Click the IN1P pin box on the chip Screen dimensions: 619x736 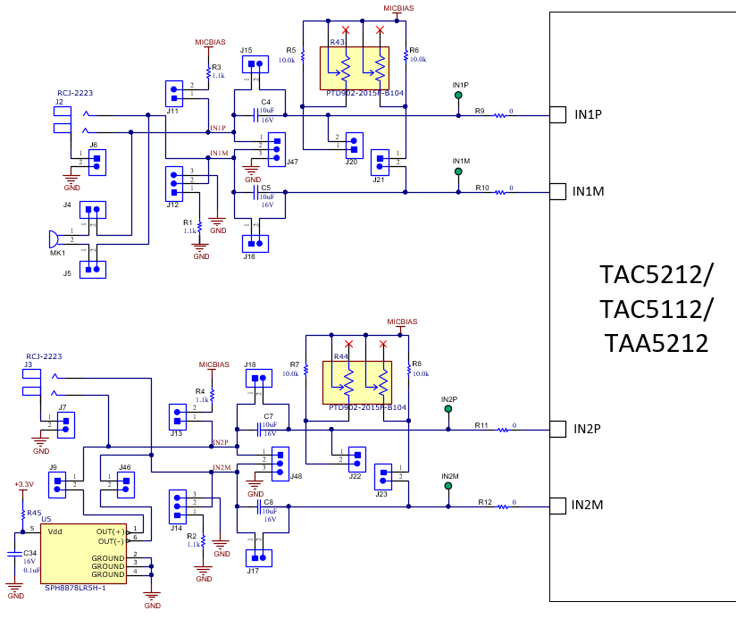pyautogui.click(x=557, y=114)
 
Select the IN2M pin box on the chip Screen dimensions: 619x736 pyautogui.click(x=557, y=506)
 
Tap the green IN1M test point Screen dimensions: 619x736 pyautogui.click(x=458, y=171)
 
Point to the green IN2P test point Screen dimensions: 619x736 pyautogui.click(x=447, y=409)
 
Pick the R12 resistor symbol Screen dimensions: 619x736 pyautogui.click(x=504, y=506)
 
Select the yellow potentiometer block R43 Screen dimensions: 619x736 pyautogui.click(x=355, y=67)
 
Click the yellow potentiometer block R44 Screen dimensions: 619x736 pyautogui.click(x=357, y=382)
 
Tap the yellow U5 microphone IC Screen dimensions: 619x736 pyautogui.click(x=83, y=554)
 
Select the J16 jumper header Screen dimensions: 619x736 pyautogui.click(x=255, y=243)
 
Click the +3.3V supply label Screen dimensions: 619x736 pyautogui.click(x=24, y=484)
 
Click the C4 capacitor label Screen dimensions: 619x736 pyautogui.click(x=265, y=103)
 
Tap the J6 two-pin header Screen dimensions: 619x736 pyautogui.click(x=95, y=161)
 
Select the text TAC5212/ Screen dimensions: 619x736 pyautogui.click(x=657, y=274)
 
